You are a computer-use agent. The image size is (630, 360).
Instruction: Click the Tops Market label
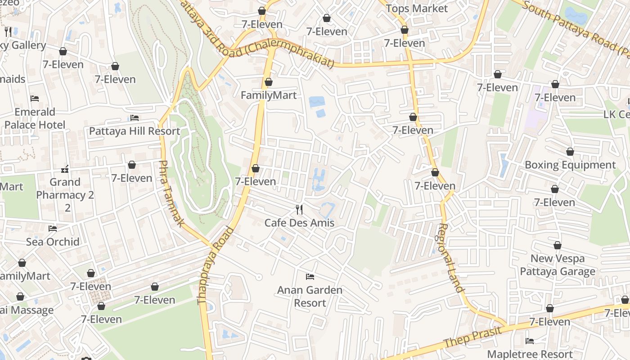(417, 9)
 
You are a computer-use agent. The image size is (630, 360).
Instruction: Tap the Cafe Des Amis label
(299, 223)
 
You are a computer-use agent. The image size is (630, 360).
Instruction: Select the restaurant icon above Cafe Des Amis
(299, 209)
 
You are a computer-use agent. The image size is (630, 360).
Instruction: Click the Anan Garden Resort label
(310, 297)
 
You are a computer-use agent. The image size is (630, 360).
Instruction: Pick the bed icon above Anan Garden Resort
(310, 276)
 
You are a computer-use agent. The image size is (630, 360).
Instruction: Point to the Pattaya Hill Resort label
(135, 131)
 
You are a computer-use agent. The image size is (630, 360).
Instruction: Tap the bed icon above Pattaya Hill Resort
(135, 118)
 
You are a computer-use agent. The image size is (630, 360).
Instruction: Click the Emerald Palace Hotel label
(35, 118)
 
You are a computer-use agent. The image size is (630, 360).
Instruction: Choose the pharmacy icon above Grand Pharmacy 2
(65, 170)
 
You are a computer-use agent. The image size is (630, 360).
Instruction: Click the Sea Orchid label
(53, 242)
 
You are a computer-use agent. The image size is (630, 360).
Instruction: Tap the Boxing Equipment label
(570, 165)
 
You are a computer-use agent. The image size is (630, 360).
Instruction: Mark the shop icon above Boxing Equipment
(570, 152)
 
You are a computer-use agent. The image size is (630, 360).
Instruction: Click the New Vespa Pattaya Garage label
(558, 265)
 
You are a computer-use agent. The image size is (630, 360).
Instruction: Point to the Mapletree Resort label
(530, 354)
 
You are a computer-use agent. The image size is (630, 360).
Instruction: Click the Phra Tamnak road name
(172, 193)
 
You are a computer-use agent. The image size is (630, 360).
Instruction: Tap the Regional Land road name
(450, 258)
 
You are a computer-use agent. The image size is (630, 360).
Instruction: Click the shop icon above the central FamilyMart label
(269, 82)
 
